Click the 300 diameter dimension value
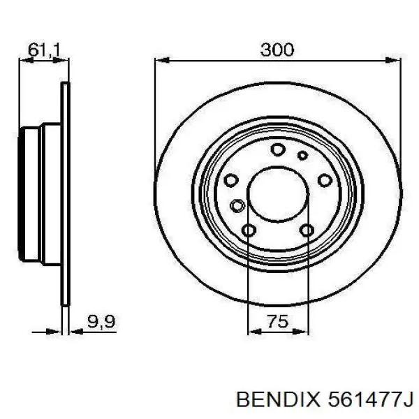tap(277, 50)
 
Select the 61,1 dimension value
tap(43, 50)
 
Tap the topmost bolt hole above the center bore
tap(277, 149)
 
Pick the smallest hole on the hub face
tap(302, 155)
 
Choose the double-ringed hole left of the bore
tap(237, 206)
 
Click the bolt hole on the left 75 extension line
tap(249, 230)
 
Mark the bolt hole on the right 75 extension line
tap(306, 230)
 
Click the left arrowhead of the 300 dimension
tap(159, 62)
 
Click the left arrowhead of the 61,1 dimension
tap(22, 62)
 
